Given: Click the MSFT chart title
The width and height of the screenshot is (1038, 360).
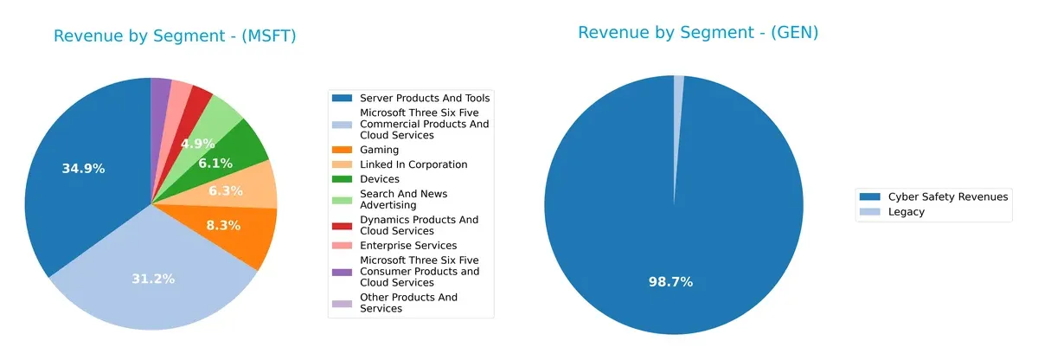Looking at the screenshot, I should click(176, 35).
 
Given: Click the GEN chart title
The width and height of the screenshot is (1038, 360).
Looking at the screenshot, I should click(698, 33).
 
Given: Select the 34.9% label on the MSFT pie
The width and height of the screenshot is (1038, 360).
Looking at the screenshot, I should click(83, 169).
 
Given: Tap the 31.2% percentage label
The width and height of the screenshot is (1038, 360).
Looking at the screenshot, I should click(153, 279).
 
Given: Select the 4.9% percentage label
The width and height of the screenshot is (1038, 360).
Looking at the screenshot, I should click(197, 144).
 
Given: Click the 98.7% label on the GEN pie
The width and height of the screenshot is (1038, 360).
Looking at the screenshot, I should click(670, 282).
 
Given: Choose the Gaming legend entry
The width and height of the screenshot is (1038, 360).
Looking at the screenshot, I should click(379, 150).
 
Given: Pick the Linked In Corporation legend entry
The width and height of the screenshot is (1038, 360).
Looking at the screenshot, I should click(413, 164).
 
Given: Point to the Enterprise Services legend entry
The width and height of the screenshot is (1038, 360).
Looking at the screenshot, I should click(407, 246).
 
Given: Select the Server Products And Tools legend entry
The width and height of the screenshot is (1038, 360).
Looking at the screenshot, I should click(424, 98).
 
